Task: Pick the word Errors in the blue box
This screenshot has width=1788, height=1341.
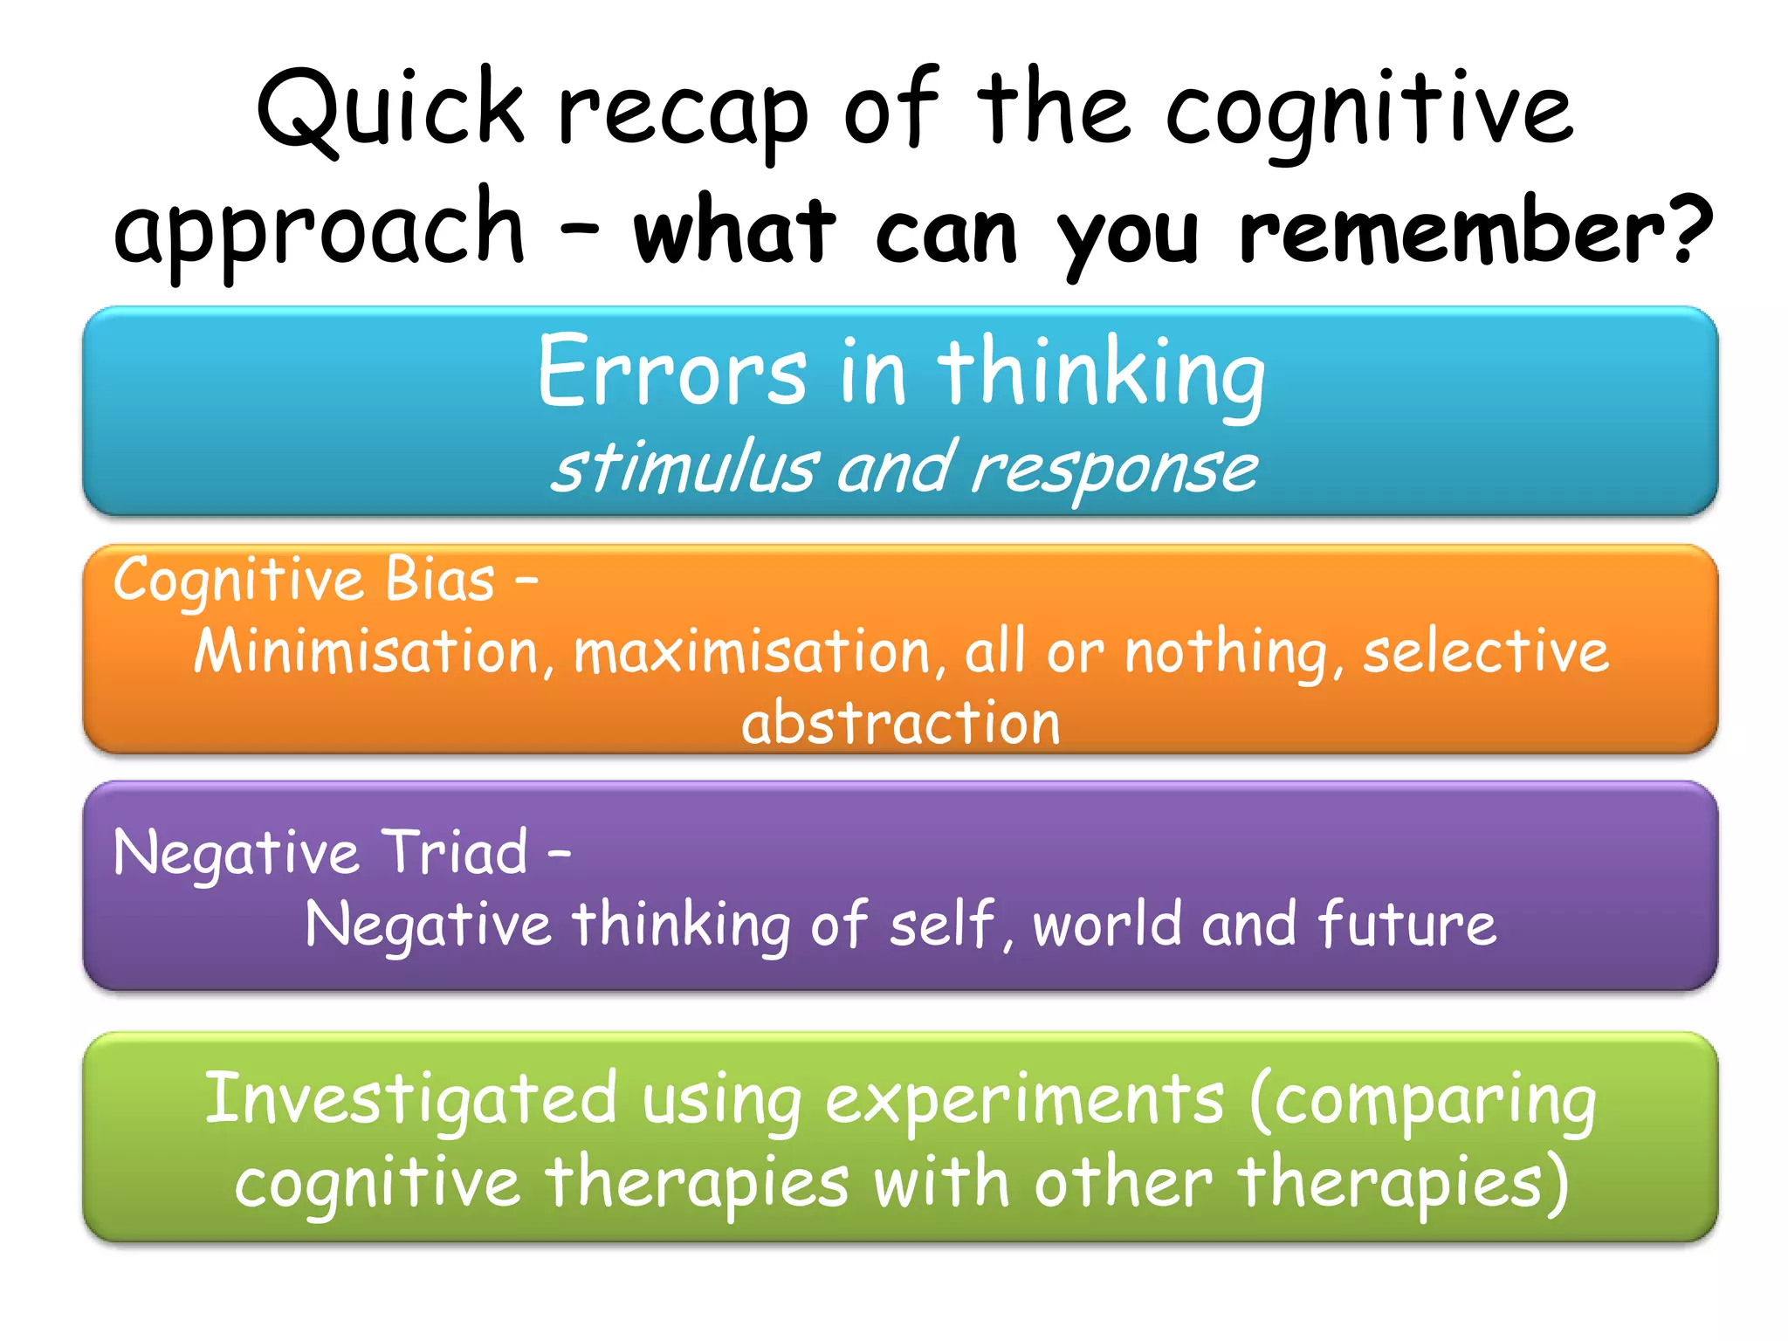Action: (671, 372)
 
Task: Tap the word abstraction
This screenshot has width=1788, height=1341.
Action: (900, 723)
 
